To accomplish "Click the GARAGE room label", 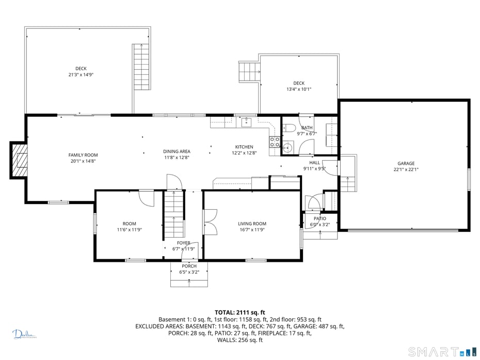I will tap(406, 163).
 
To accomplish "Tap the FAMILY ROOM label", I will tap(83, 155).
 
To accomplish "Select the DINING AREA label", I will tap(177, 151).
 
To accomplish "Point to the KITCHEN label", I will tap(244, 147).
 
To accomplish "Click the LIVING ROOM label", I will tap(252, 224).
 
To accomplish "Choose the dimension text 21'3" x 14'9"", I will tap(81, 75).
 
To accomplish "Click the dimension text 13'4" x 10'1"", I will tap(299, 89).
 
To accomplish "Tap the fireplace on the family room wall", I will tap(20, 160).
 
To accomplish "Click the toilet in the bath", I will tap(289, 129).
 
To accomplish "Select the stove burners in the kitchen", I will tap(275, 142).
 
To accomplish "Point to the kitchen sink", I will tap(247, 122).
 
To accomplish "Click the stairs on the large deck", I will tap(141, 67).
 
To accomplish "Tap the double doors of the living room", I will tap(210, 222).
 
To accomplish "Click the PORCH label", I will tap(189, 267).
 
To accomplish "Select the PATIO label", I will tap(319, 218).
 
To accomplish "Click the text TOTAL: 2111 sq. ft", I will tap(239, 312).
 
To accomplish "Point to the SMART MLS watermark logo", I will tap(442, 352).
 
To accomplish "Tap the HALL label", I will tap(314, 163).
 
